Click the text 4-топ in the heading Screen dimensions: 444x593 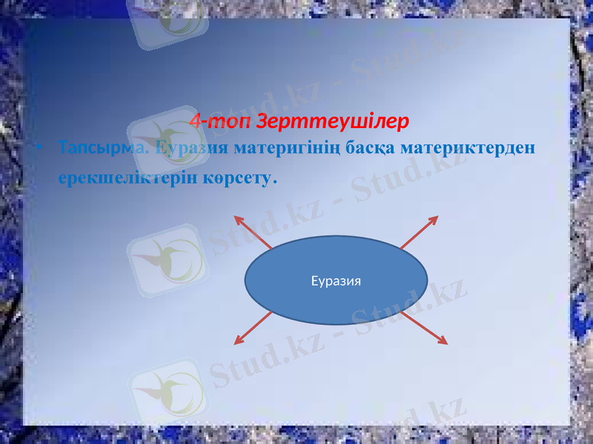pyautogui.click(x=210, y=120)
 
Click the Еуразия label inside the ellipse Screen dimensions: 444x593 pyautogui.click(x=336, y=281)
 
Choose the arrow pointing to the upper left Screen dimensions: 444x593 pyautogui.click(x=254, y=232)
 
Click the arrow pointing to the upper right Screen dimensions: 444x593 pyautogui.click(x=420, y=232)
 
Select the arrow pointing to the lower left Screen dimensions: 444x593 pyautogui.click(x=254, y=328)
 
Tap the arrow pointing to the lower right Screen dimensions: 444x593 pyautogui.click(x=424, y=328)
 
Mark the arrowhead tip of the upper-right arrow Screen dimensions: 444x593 pyautogui.click(x=437, y=217)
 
